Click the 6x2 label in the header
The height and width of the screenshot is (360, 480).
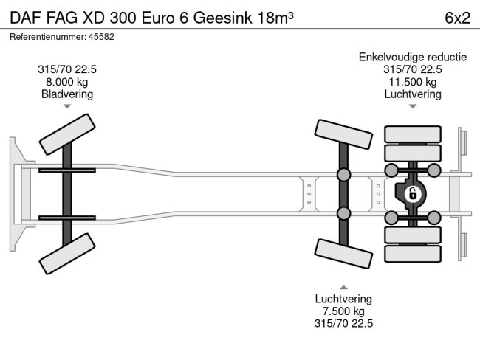click(457, 18)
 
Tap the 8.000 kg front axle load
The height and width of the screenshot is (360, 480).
click(67, 82)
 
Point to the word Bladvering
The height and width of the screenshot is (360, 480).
click(67, 94)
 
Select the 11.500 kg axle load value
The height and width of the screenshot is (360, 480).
click(413, 82)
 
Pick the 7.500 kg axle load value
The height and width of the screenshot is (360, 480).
click(343, 311)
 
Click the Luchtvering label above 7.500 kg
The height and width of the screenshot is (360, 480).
click(343, 299)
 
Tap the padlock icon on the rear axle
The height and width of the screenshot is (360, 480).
click(413, 194)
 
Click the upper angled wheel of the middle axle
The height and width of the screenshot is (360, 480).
click(343, 134)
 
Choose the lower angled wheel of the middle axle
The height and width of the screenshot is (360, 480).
click(343, 255)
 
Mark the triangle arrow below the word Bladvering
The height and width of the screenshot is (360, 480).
click(67, 107)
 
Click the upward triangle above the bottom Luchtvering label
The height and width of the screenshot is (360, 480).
click(343, 287)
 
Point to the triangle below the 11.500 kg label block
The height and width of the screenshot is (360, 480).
click(413, 107)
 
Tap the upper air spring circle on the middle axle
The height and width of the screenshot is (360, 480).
click(344, 175)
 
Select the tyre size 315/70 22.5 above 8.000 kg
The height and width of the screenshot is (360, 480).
click(67, 69)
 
